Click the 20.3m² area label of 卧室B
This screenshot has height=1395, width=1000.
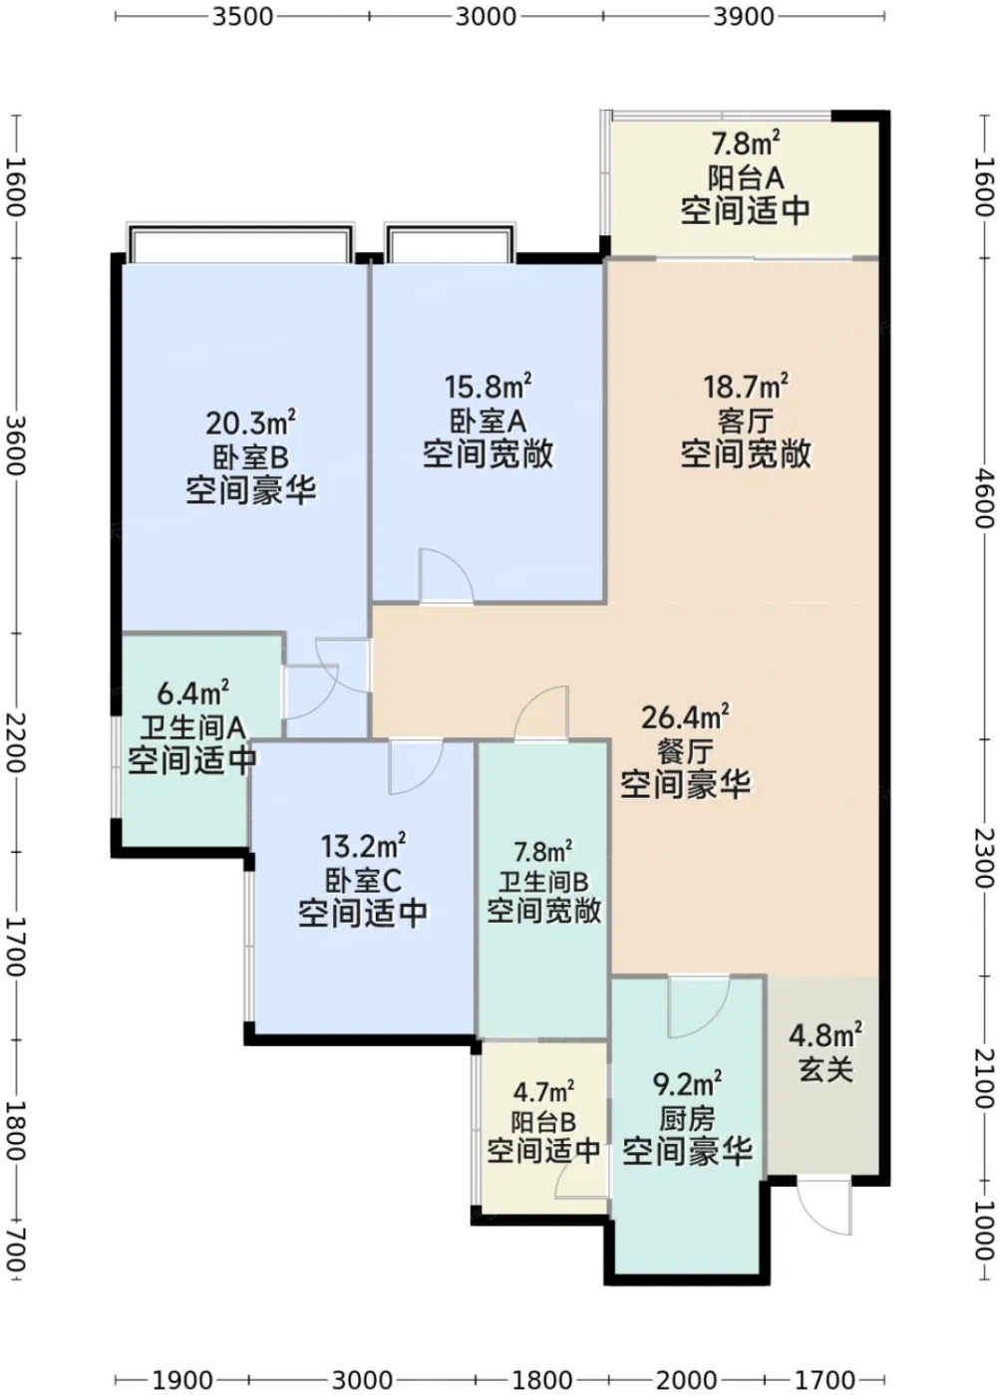pyautogui.click(x=250, y=423)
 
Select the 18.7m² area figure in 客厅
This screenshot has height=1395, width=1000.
pyautogui.click(x=746, y=387)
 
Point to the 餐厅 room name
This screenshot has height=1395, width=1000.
pyautogui.click(x=685, y=752)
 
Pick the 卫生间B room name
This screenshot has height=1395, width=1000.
pyautogui.click(x=543, y=882)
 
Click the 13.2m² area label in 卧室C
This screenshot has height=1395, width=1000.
pyautogui.click(x=363, y=846)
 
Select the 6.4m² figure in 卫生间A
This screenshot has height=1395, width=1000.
pyautogui.click(x=192, y=694)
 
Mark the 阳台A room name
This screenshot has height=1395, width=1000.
pyautogui.click(x=745, y=178)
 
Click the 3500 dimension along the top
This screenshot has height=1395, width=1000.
pyautogui.click(x=242, y=17)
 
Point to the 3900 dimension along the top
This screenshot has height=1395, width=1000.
pyautogui.click(x=744, y=17)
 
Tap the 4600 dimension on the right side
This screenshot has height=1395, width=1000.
pyautogui.click(x=984, y=499)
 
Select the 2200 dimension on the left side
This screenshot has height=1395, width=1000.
pyautogui.click(x=15, y=743)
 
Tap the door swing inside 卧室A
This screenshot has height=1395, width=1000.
pyautogui.click(x=446, y=576)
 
